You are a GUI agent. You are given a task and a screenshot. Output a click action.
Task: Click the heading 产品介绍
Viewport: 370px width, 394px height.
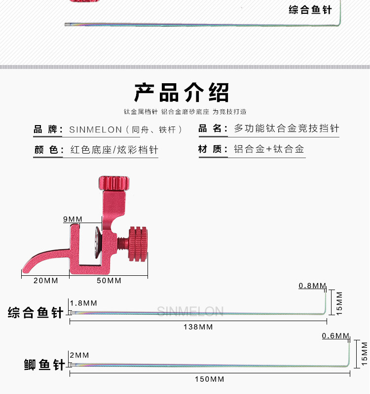182,92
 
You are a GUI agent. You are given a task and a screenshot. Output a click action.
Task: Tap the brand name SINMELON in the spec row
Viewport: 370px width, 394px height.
95,130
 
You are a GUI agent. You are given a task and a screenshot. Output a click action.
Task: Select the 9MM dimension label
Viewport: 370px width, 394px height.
73,219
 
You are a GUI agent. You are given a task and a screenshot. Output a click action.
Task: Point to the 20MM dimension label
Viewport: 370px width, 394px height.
45,281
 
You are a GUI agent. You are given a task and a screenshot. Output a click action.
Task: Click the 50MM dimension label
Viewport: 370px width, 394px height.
109,281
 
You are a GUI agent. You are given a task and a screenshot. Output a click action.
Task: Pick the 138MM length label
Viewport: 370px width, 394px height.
198,327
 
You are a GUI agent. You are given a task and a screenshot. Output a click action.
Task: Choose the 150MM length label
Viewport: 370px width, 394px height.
210,379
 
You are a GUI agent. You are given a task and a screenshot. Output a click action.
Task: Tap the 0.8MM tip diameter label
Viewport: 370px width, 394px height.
312,286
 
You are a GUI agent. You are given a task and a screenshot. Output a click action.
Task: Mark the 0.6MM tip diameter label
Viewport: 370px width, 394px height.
335,336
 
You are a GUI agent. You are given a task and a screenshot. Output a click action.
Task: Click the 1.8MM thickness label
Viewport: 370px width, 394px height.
83,303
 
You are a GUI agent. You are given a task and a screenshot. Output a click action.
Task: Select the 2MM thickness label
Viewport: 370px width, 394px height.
79,355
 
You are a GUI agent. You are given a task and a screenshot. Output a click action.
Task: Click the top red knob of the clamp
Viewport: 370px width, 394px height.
114,183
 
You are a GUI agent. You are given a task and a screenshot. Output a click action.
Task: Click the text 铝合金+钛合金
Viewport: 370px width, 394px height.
269,149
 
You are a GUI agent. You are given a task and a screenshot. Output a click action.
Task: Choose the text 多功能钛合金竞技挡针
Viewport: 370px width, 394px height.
286,129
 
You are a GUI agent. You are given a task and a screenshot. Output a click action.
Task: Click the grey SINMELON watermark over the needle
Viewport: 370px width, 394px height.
190,311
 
